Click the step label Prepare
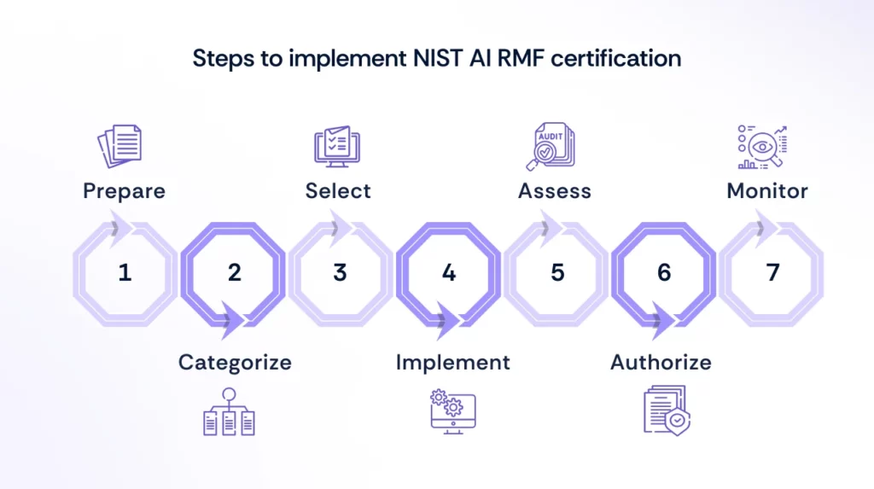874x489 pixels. tap(124, 190)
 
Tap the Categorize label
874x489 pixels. tap(235, 362)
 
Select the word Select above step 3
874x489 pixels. tap(338, 190)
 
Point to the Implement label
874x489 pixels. tap(452, 362)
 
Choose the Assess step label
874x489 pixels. tap(555, 190)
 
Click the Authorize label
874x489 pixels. tap(661, 362)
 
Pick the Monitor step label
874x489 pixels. tap(767, 190)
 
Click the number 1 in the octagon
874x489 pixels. tap(125, 273)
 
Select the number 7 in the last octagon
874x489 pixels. tap(772, 273)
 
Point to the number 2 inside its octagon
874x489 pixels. tap(234, 273)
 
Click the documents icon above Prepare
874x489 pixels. tap(119, 146)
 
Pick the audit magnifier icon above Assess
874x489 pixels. tap(551, 146)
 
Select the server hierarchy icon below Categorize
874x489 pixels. tap(229, 412)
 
